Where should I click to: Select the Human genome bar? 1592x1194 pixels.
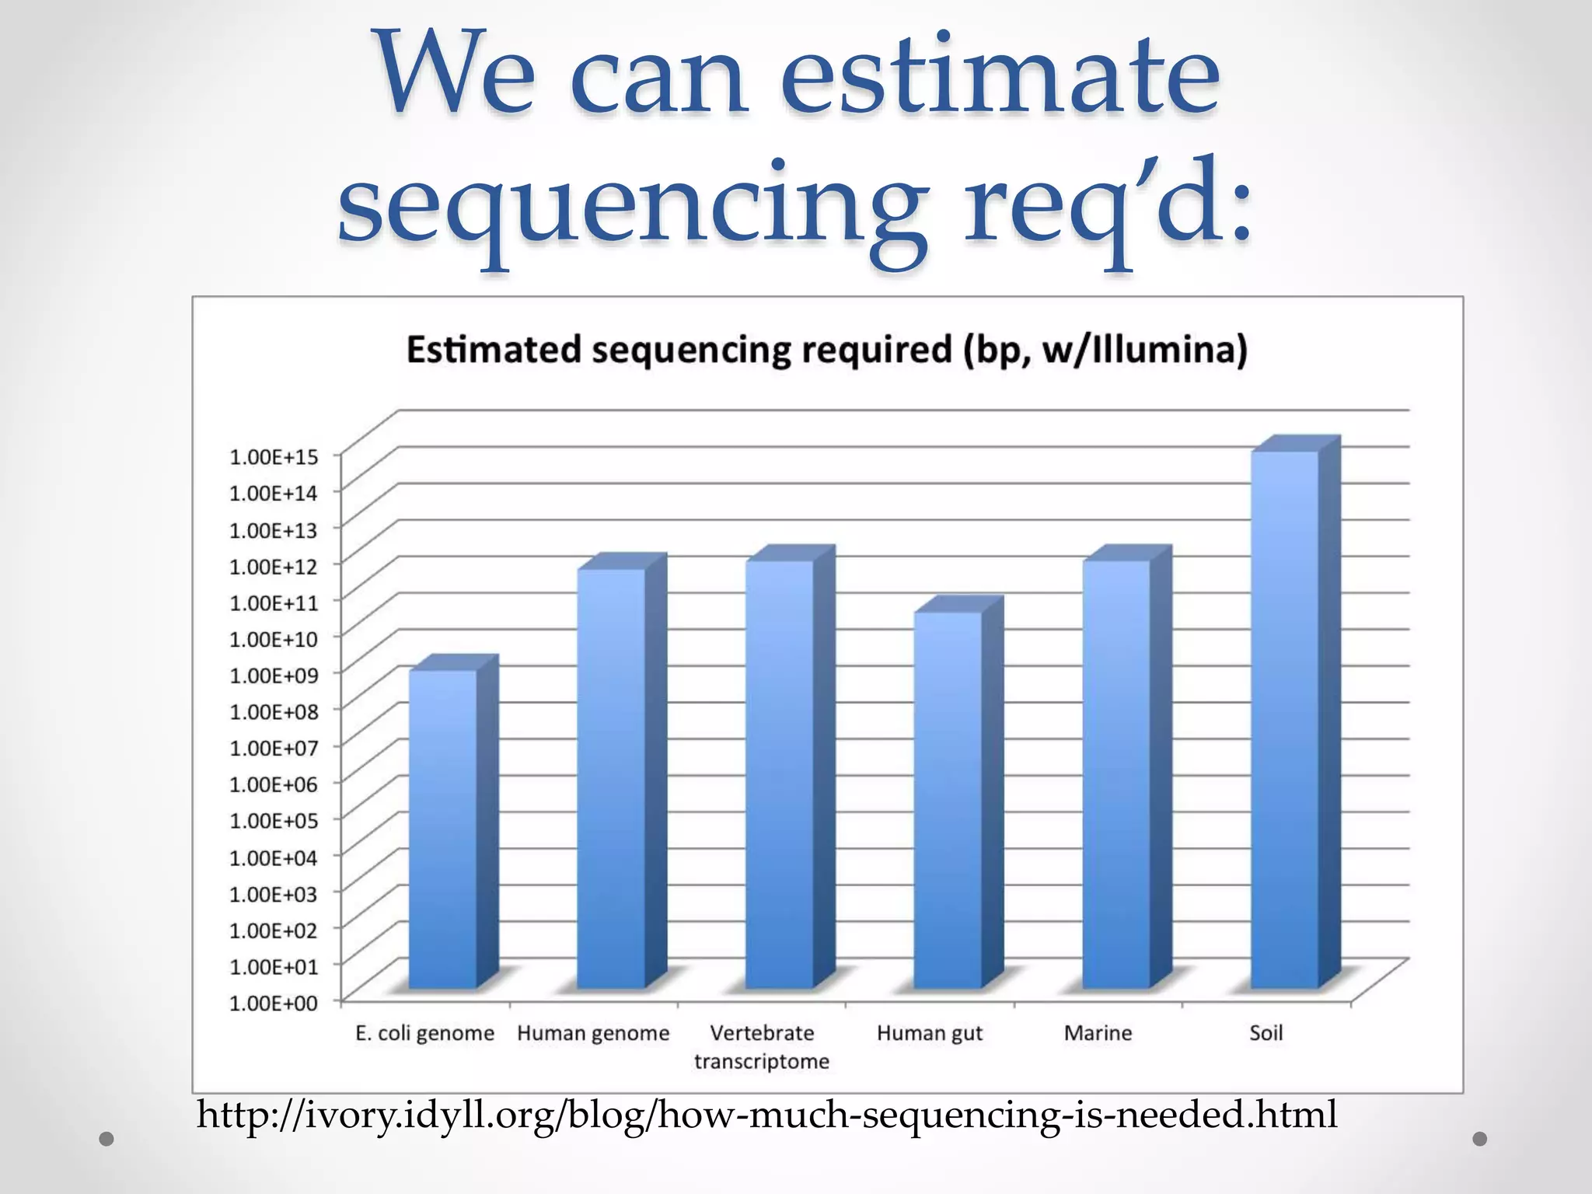611,777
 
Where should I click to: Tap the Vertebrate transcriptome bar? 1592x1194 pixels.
780,773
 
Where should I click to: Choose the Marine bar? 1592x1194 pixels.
1116,773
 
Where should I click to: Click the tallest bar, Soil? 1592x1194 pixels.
1284,719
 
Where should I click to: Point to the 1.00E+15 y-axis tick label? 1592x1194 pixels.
274,456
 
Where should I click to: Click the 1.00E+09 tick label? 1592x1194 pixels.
274,675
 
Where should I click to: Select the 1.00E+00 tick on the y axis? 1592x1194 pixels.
274,1003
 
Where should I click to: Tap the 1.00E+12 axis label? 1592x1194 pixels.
274,566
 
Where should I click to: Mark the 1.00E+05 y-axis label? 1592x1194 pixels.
274,821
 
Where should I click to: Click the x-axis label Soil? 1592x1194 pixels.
1266,1033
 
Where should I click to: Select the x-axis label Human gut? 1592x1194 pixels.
930,1033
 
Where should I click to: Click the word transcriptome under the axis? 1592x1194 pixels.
762,1062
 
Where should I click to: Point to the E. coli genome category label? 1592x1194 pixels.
424,1033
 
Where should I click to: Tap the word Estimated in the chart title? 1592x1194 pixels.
494,350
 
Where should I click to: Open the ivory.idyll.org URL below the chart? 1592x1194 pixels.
766,1114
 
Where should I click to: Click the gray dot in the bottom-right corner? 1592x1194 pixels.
1480,1139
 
